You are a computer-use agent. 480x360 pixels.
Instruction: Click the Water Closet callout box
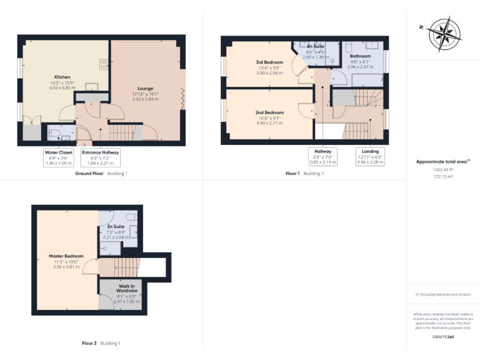point(58,157)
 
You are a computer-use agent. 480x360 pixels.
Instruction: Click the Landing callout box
point(370,156)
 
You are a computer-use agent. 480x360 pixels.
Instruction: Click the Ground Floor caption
point(89,173)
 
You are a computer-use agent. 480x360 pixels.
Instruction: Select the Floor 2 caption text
point(89,343)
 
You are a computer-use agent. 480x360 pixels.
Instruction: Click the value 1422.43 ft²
point(442,169)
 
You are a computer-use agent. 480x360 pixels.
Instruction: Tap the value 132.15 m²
point(442,176)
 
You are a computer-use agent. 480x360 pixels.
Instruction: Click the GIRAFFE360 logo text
point(442,337)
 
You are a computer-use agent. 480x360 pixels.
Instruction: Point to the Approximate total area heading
point(441,161)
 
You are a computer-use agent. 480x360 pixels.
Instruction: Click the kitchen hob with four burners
point(104,64)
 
